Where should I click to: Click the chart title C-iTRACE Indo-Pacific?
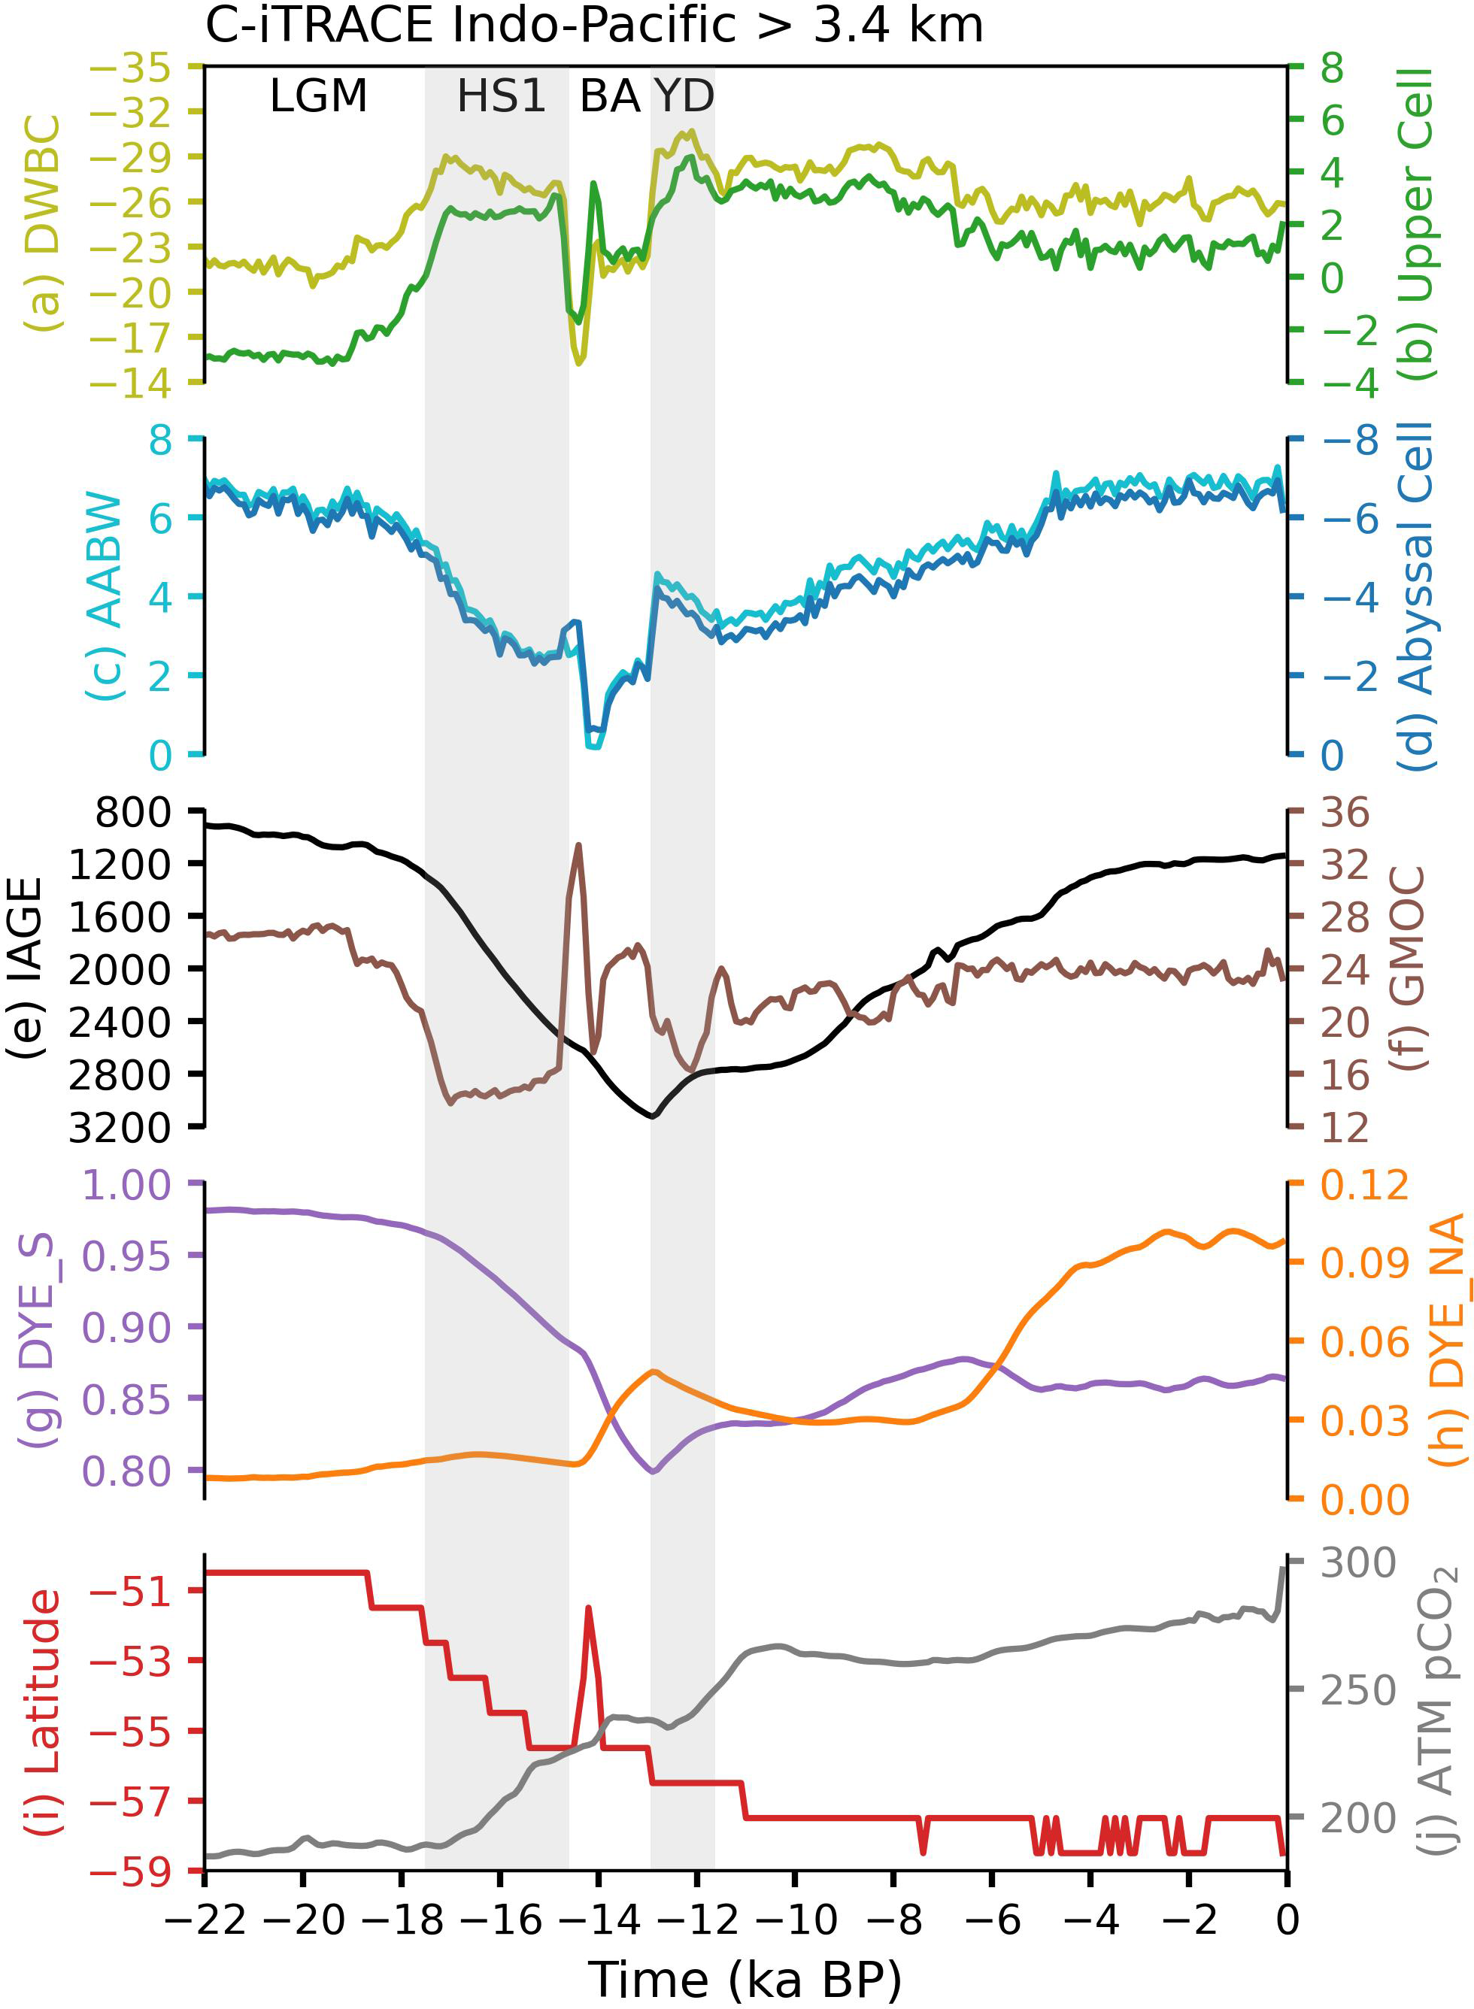point(593,25)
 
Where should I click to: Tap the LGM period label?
point(319,95)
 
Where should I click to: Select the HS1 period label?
point(502,95)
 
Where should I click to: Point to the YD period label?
point(684,95)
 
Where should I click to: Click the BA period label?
point(611,95)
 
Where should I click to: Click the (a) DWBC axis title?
point(43,223)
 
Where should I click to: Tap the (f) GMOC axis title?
point(1408,968)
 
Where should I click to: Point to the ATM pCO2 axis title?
point(1437,1709)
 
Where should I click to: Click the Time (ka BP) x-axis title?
point(745,1979)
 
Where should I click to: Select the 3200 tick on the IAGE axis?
point(120,1128)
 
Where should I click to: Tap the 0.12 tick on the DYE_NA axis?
point(1364,1185)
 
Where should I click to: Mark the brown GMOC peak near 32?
point(579,844)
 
